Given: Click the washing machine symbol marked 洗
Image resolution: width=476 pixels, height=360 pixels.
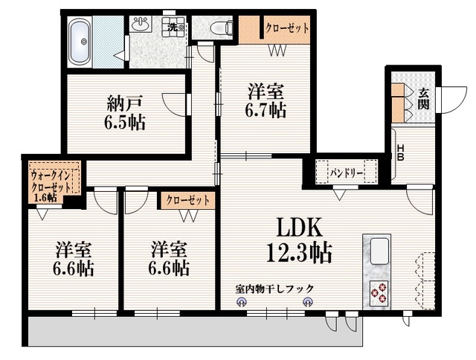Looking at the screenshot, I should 173,28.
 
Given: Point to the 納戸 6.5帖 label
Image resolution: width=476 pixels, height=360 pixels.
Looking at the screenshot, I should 125,112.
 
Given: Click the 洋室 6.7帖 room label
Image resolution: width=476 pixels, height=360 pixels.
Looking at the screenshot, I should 266,102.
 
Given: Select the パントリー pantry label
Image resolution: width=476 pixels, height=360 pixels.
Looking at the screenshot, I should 344,173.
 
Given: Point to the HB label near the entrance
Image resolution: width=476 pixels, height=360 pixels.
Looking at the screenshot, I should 400,152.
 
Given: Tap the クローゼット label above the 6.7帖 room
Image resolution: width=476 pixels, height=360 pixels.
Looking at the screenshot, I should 287,28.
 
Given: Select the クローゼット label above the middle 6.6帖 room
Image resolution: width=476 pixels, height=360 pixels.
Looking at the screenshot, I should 187,200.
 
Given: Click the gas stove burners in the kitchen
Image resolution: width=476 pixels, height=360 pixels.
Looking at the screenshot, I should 378,292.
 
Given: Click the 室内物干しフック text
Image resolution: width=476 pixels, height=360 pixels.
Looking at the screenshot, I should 274,289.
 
